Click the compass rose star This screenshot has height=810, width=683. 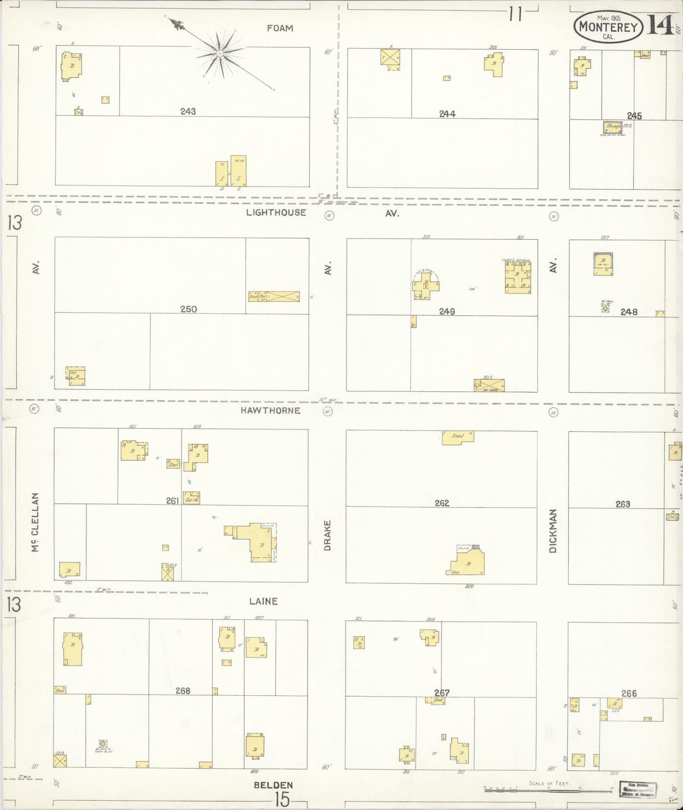[220, 54]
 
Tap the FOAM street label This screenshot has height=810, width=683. [280, 28]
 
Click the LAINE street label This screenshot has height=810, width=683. [263, 601]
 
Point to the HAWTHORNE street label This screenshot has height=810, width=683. [270, 410]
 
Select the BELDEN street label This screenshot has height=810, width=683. [273, 785]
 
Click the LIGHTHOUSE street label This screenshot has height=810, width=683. [276, 213]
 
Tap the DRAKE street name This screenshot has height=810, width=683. [328, 535]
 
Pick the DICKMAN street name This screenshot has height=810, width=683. [553, 531]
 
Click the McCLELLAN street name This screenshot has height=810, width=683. [35, 522]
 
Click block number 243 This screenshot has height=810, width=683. [188, 112]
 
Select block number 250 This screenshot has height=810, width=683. [188, 309]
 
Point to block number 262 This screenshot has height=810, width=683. [442, 503]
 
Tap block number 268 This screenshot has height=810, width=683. [182, 691]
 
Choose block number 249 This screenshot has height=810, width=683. [447, 311]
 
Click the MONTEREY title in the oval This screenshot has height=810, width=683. [608, 27]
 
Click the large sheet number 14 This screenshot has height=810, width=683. [660, 25]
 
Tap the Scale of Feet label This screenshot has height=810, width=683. [549, 783]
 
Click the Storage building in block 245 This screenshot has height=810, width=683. [613, 127]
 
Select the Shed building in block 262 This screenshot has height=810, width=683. [458, 437]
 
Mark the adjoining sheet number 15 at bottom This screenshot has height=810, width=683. [282, 800]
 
